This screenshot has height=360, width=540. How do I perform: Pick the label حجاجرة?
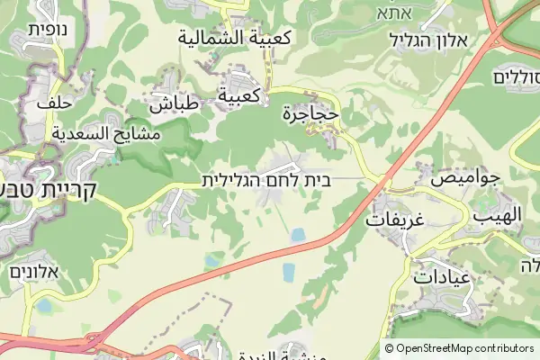click(310, 114)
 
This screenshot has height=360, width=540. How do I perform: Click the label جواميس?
click(464, 178)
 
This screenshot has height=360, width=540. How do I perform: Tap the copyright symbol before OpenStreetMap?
click(389, 348)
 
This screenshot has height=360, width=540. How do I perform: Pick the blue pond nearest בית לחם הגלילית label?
click(297, 235)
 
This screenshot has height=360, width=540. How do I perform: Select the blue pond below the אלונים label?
click(43, 307)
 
